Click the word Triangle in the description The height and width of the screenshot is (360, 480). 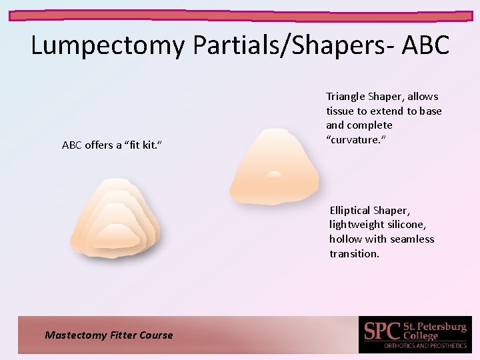(345, 97)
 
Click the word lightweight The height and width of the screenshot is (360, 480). (357, 225)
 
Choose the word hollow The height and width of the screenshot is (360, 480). (345, 239)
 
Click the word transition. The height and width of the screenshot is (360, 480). (354, 253)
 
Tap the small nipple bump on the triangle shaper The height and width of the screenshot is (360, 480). (274, 174)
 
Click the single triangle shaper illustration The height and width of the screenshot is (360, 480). (274, 167)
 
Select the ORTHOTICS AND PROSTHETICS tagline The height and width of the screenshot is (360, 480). (425, 346)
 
